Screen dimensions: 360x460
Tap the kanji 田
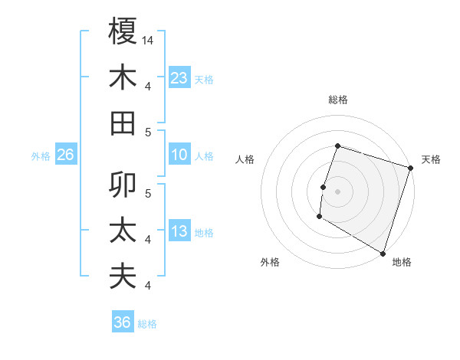123,123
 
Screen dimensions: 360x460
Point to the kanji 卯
123,185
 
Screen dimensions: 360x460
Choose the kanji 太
123,231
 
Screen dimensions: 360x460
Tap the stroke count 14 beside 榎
149,40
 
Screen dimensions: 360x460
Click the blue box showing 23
179,77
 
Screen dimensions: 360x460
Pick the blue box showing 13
179,232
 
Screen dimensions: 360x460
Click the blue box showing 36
123,322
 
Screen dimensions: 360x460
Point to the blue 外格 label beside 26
41,156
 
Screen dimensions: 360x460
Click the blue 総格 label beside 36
147,323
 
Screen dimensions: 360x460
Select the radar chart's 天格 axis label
431,159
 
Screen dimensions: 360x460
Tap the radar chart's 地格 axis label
402,262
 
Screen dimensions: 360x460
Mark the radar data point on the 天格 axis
411,168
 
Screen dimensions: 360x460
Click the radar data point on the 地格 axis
383,253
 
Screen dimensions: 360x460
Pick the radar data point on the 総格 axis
337,146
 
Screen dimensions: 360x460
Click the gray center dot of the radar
337,191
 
